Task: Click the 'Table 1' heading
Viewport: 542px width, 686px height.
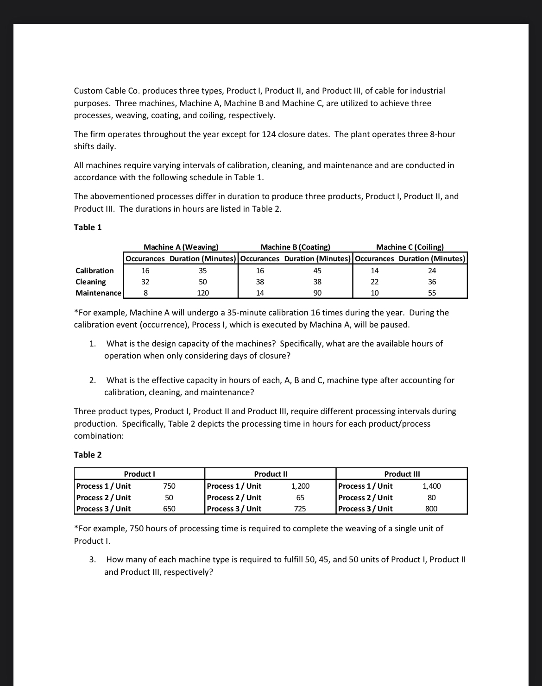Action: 88,227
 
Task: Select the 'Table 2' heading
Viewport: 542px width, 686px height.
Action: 88,454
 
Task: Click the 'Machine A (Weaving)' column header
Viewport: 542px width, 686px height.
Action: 181,247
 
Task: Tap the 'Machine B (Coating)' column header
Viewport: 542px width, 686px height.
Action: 296,247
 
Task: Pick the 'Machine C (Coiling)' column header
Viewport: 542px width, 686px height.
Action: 410,247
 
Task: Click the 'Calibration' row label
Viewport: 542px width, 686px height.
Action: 95,271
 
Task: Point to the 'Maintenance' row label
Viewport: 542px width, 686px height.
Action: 98,293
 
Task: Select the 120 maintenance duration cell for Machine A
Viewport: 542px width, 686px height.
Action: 203,293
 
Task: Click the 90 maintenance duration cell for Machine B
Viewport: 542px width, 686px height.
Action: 317,293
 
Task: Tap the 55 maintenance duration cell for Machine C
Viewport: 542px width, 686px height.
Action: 432,293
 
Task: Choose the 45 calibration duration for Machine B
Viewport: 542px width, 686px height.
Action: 317,271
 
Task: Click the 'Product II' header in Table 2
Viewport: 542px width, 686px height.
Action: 271,474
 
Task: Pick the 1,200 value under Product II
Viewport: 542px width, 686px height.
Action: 300,486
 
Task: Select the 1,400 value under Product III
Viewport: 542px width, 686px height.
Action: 431,486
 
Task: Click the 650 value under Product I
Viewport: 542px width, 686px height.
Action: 169,509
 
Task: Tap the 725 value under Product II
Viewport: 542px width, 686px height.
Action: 300,509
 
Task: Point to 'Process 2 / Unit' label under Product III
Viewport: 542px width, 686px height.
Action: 366,497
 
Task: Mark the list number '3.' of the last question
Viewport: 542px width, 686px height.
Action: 93,559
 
